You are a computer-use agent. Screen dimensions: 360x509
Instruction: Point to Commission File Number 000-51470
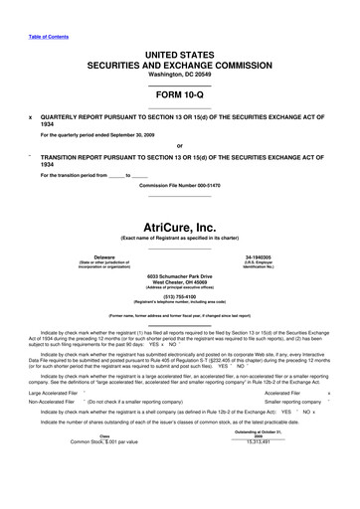[x=179, y=187]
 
